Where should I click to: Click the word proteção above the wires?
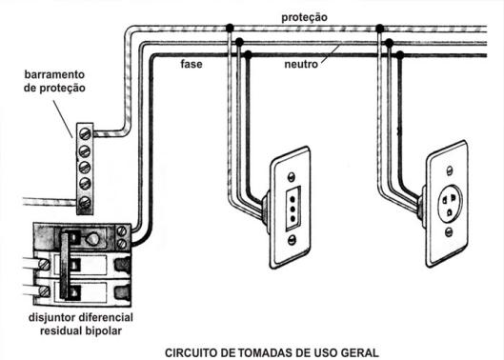coord(304,17)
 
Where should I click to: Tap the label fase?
coord(192,64)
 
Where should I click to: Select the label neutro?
coord(301,65)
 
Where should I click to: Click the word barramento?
coord(54,74)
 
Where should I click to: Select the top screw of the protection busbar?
coord(85,133)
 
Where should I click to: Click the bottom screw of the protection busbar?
coord(85,203)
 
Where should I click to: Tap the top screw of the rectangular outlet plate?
coord(292,176)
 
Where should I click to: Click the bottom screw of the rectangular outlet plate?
coord(292,239)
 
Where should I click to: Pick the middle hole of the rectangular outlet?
coord(292,209)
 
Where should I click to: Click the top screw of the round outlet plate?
coord(450,170)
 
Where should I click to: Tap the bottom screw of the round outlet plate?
coord(449,232)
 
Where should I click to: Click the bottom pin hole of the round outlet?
coord(449,212)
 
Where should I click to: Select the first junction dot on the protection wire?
coord(230,28)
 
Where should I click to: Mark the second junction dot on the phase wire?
coord(399,54)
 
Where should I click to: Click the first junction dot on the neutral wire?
coord(239,42)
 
